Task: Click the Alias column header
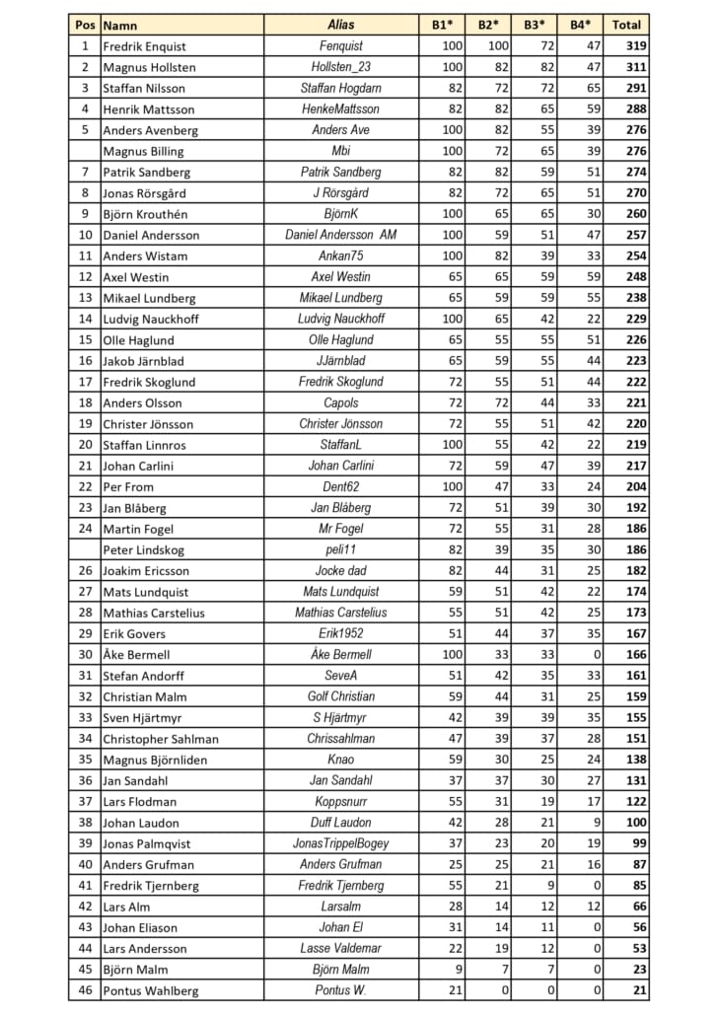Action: [341, 25]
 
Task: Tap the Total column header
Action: [626, 25]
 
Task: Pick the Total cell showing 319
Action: [635, 46]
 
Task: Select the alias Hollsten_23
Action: [341, 67]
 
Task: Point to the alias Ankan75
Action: [341, 256]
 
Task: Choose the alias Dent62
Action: [341, 486]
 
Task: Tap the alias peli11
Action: [341, 549]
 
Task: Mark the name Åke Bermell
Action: [136, 655]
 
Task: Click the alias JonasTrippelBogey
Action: [341, 843]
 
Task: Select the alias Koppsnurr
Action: [341, 801]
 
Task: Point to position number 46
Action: [85, 990]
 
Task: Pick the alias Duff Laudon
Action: [341, 823]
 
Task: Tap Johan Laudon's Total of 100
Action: [635, 823]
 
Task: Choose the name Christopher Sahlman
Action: [161, 739]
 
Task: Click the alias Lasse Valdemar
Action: [341, 949]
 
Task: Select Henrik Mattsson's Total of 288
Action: [635, 109]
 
